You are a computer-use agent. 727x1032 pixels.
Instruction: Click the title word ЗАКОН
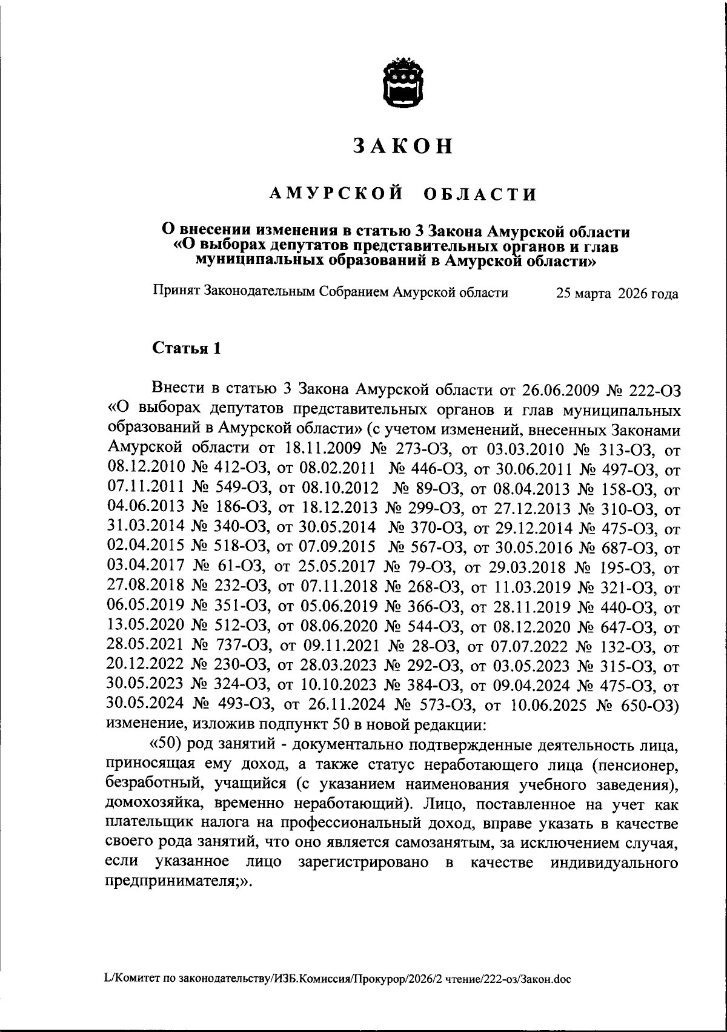[x=402, y=147]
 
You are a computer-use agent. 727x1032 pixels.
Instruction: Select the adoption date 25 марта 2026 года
[x=617, y=294]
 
